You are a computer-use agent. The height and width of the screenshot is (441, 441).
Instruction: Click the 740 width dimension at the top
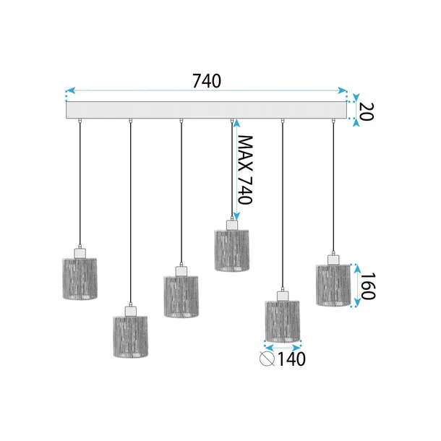pos(207,81)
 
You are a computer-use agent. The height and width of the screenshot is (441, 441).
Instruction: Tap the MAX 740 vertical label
pos(246,170)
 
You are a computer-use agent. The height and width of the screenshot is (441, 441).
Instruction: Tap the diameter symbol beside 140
pos(267,358)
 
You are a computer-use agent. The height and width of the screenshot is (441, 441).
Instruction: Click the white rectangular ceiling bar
pos(206,111)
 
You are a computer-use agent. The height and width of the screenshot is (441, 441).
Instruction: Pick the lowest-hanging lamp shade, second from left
pos(130,336)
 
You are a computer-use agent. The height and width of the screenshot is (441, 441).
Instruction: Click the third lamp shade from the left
pos(181,296)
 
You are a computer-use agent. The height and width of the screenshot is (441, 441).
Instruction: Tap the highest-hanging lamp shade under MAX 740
pos(232,250)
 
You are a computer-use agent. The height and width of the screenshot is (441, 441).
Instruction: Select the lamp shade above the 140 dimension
pos(283,321)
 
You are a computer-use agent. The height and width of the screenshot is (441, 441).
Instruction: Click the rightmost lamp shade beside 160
pos(333,285)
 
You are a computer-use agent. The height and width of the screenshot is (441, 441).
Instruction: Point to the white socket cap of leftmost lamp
pos(80,253)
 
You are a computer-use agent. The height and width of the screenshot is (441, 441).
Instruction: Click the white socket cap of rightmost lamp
pos(333,259)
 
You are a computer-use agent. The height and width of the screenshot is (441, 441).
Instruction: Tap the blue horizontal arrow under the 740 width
pos(207,91)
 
